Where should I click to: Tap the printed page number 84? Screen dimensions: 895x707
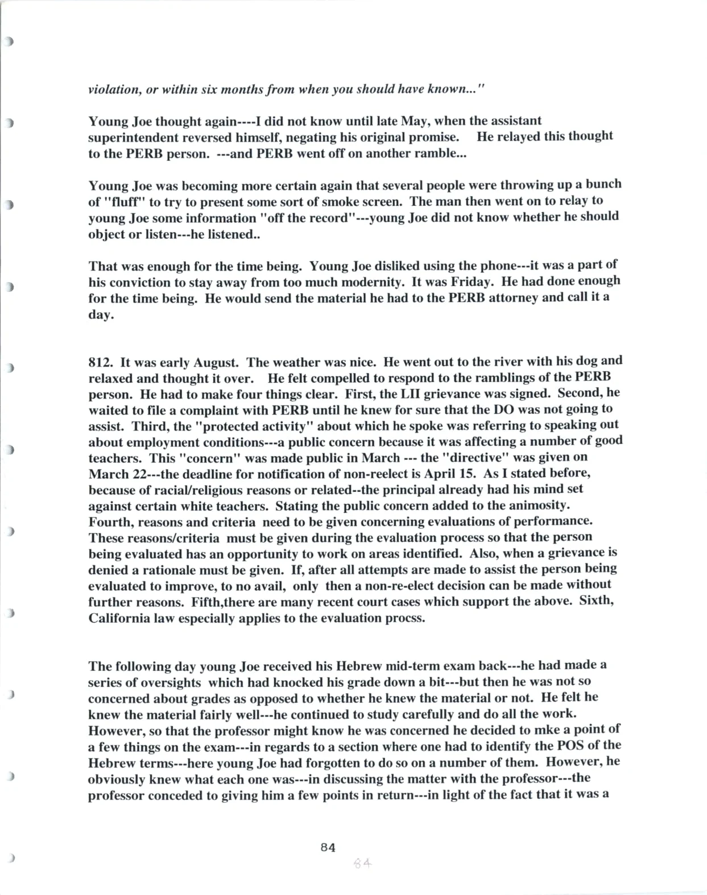tap(328, 847)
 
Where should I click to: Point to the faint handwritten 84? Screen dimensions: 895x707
tap(362, 863)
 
